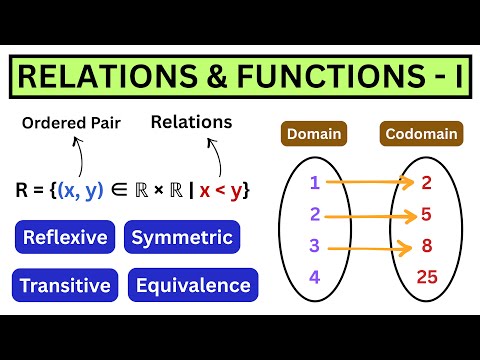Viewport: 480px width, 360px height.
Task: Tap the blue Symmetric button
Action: point(183,238)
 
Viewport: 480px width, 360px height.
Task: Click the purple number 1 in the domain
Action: point(314,183)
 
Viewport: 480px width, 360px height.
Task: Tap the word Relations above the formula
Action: point(191,122)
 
